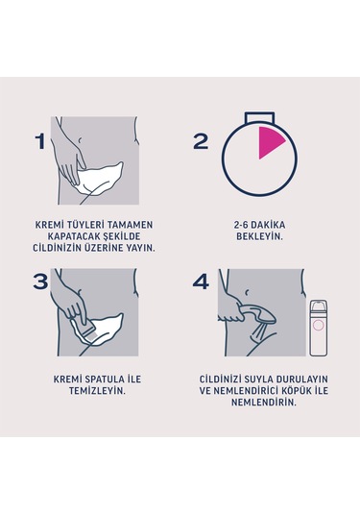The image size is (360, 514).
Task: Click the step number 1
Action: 39,142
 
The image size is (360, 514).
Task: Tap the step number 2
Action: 201,142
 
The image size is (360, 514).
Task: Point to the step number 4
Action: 201,281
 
